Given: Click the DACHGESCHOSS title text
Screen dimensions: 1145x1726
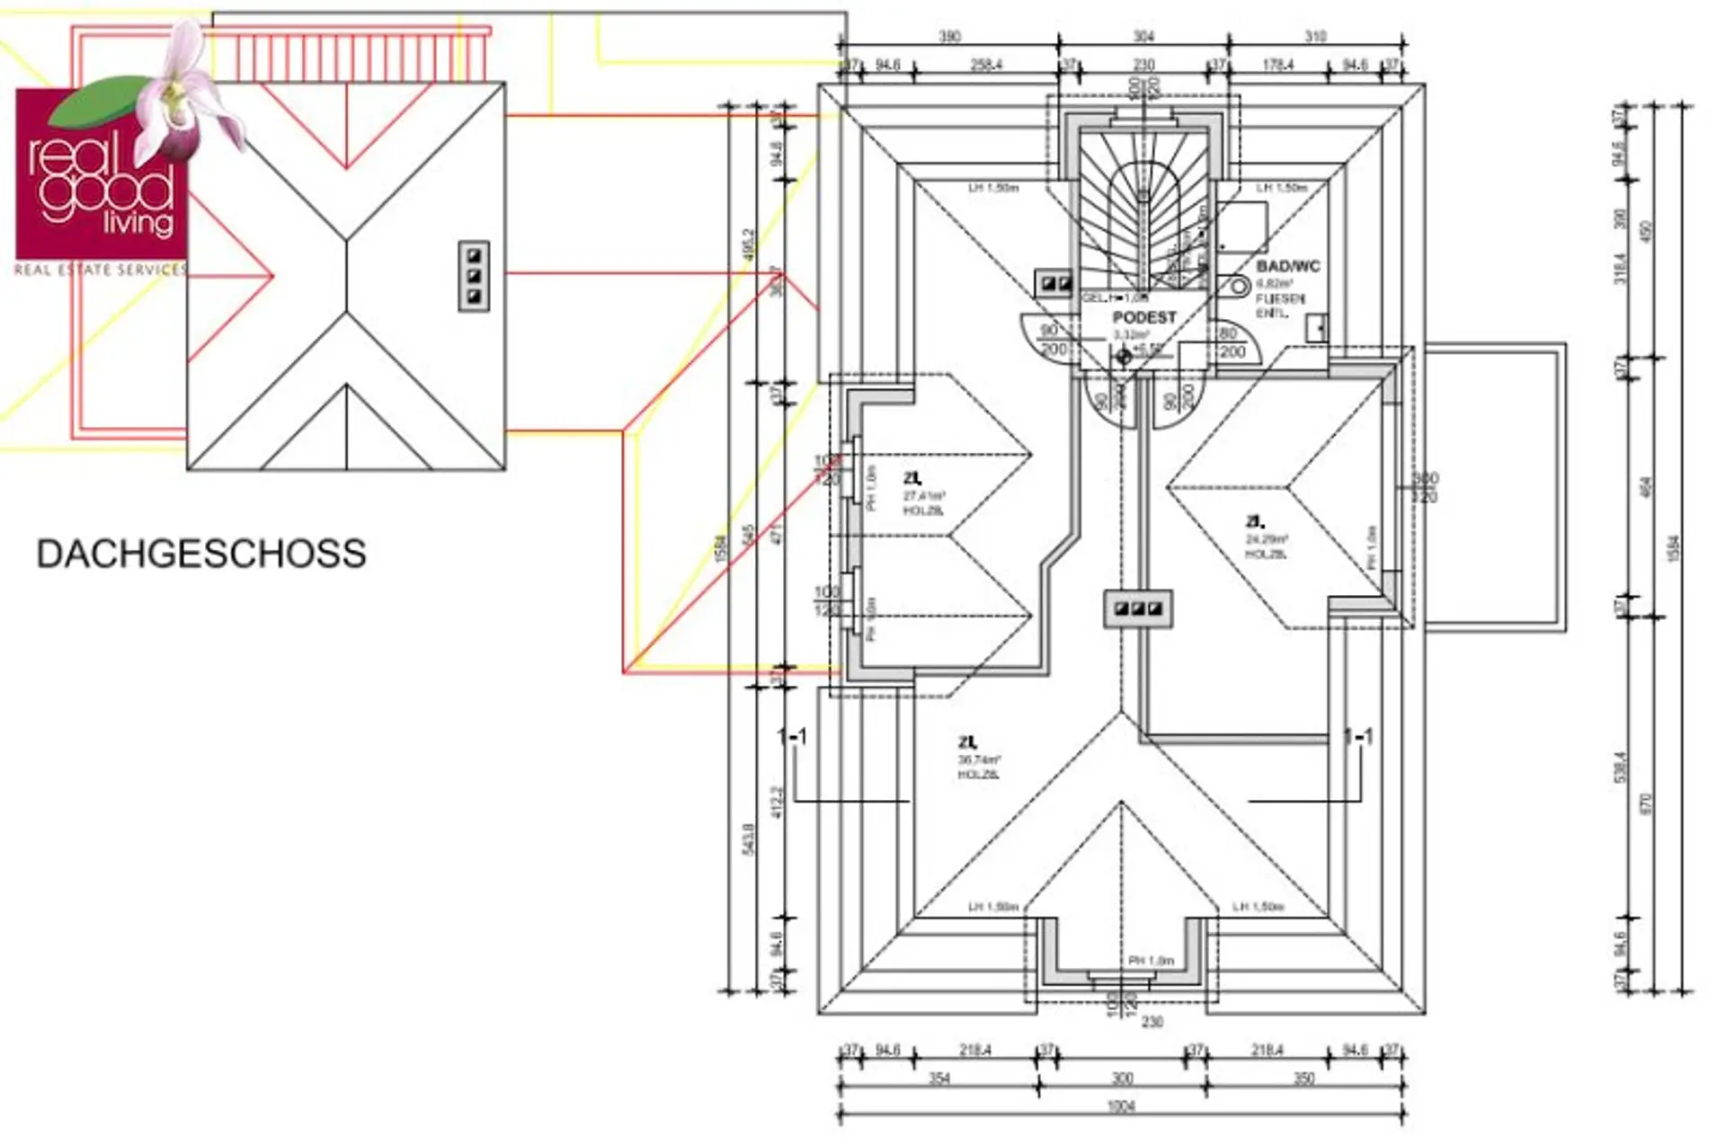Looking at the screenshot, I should (201, 554).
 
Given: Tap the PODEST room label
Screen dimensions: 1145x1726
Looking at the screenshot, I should (1143, 317).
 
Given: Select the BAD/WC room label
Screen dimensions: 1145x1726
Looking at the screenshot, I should (1287, 266).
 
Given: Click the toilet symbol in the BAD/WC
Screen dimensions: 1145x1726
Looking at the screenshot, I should (1238, 287).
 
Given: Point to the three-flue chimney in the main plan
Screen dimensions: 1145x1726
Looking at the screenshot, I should (1138, 608).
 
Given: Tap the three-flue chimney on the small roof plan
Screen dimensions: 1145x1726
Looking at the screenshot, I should (474, 276).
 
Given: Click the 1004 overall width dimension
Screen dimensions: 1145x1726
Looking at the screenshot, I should (1121, 1106).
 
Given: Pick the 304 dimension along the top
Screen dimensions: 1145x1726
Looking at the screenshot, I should (1143, 37).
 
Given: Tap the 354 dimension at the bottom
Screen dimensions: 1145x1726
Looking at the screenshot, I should (939, 1078).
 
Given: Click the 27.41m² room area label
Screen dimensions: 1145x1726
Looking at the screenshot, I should (924, 495).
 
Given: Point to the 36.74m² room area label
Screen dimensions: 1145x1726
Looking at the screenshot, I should (979, 759).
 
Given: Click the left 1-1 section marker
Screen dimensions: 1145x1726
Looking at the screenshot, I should (792, 737).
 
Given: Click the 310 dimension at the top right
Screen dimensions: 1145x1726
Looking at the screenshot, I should (1315, 37).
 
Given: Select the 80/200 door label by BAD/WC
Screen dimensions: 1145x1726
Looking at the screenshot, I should (1230, 342).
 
